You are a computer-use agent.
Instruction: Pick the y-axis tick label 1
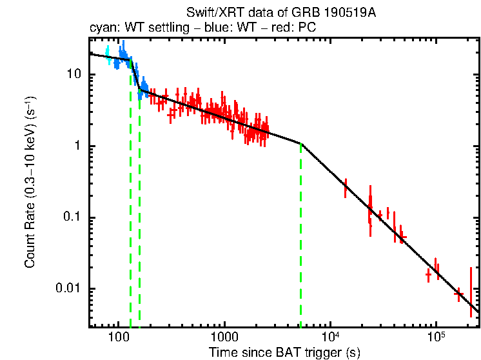tap(81, 146)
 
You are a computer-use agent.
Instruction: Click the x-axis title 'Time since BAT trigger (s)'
tap(284, 352)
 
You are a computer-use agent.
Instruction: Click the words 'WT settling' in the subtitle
tap(148, 29)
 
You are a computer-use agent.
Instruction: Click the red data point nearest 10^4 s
tap(346, 187)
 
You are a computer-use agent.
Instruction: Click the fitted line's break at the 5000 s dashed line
tap(301, 143)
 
